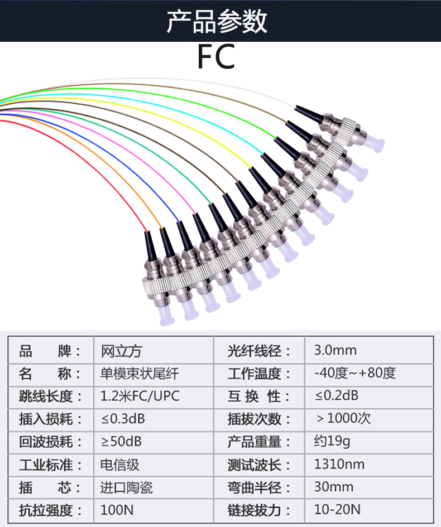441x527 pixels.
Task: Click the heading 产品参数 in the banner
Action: click(217, 21)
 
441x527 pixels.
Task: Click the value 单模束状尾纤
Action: click(140, 374)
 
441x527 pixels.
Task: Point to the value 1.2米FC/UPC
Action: click(140, 397)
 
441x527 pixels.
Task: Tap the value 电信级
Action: click(119, 465)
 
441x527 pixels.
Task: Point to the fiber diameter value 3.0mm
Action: click(335, 351)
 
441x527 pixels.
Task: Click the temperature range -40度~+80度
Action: click(354, 374)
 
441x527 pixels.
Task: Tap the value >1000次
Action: click(344, 419)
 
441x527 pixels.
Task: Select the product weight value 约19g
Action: click(332, 442)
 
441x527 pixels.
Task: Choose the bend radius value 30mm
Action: click(333, 487)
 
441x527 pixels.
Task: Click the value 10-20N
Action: click(337, 510)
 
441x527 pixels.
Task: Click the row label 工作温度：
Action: click(259, 374)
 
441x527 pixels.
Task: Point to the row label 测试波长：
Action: click(259, 465)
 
